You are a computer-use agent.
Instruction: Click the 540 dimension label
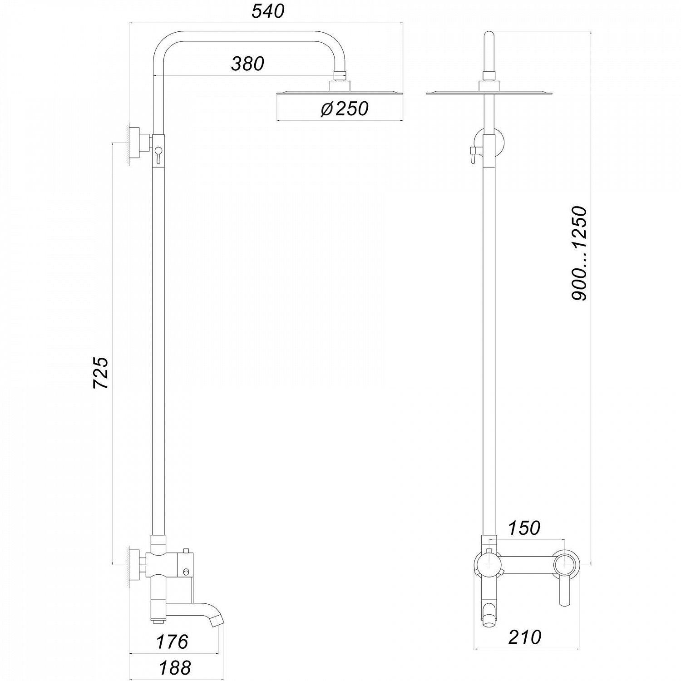(268, 11)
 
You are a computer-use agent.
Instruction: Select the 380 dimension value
(247, 64)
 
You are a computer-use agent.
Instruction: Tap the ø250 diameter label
(345, 109)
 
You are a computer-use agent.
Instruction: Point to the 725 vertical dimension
(101, 373)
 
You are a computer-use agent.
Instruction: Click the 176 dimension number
(172, 642)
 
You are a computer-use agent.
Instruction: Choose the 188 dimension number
(175, 668)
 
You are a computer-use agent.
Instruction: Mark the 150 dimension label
(524, 528)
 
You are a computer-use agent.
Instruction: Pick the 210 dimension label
(525, 637)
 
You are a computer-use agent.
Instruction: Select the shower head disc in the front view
(489, 93)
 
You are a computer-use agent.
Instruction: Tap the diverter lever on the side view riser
(158, 154)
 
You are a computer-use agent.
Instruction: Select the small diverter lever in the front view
(472, 154)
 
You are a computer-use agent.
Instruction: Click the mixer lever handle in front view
(565, 590)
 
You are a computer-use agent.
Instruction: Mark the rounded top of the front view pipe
(489, 36)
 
